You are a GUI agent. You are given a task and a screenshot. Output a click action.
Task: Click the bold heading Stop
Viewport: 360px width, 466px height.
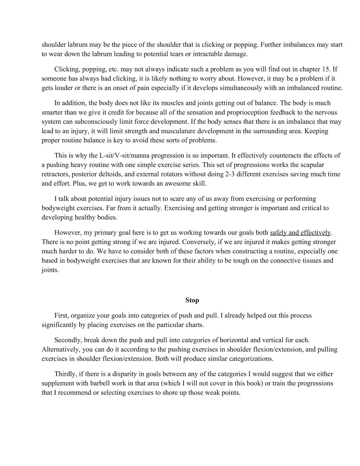coord(192,300)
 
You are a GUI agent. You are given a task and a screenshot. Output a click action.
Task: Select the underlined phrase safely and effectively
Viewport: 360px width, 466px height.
coord(300,232)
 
